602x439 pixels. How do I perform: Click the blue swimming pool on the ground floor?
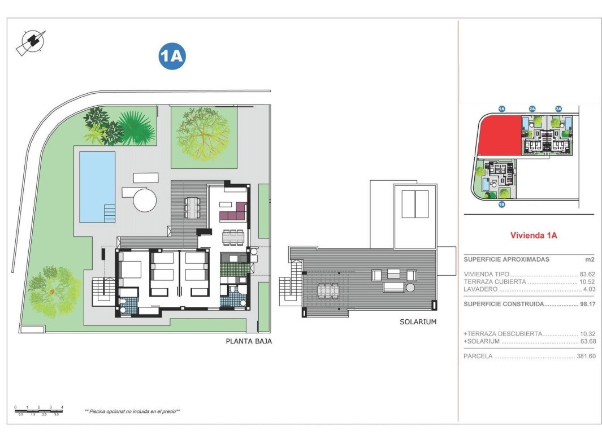(x=97, y=185)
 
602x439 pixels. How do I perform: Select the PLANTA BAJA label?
(x=249, y=341)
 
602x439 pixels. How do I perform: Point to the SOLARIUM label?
(x=418, y=321)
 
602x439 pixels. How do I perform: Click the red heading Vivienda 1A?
(x=533, y=236)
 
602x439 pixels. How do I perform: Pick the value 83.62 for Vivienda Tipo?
(x=587, y=273)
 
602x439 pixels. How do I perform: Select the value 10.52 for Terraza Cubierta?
(x=587, y=281)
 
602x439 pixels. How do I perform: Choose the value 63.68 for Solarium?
(x=587, y=341)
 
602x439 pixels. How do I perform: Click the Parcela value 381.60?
(x=585, y=357)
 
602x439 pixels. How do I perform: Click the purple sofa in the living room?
(x=233, y=212)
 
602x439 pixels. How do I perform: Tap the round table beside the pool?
(x=144, y=199)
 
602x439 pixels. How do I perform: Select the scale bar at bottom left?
(x=39, y=410)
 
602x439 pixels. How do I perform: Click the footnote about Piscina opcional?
(x=132, y=411)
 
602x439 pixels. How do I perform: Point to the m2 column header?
(x=589, y=259)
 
